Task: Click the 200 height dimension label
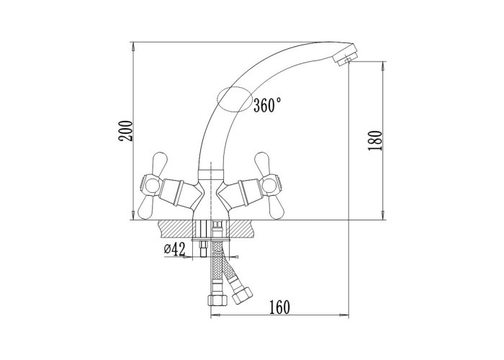(125, 130)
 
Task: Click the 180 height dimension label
(375, 140)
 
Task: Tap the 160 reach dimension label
(279, 307)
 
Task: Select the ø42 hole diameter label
(175, 249)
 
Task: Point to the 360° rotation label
(267, 105)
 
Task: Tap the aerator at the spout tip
(345, 56)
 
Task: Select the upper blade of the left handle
(160, 163)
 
